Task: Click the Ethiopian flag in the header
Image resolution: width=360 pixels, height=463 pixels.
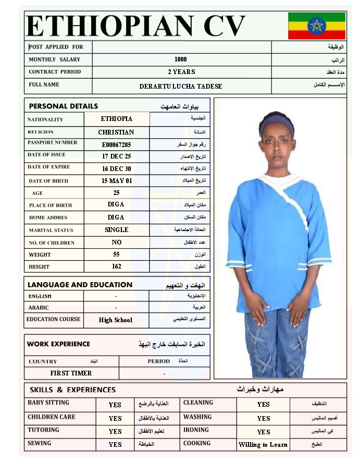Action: coord(316,26)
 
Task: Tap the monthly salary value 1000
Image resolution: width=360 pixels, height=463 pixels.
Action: coord(181,59)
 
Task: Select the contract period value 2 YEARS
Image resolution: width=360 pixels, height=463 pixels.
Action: coord(181,72)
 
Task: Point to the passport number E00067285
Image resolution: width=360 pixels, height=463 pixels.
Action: coord(117,144)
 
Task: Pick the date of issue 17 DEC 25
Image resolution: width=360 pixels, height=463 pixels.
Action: coord(117,156)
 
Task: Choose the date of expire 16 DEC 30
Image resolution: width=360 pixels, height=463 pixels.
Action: coord(117,169)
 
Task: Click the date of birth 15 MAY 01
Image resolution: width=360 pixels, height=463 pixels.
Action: coord(117,181)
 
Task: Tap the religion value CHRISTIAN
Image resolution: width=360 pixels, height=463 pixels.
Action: coord(116,132)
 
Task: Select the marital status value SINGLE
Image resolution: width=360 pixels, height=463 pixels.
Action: coord(117,230)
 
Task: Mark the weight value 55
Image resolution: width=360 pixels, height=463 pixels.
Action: coord(116,254)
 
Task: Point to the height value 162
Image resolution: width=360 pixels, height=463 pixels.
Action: coord(117,266)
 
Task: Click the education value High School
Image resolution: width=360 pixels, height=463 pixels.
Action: coord(116,320)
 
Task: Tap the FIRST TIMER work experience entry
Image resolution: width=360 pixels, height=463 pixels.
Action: coord(71,373)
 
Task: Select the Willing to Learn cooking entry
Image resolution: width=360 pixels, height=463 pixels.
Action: coord(263,445)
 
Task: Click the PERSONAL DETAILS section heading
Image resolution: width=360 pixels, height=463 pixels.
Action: coord(63,106)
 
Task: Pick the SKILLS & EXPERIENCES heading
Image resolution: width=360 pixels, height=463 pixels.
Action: coord(72,390)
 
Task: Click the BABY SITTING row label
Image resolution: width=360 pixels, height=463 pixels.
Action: coord(48,403)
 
